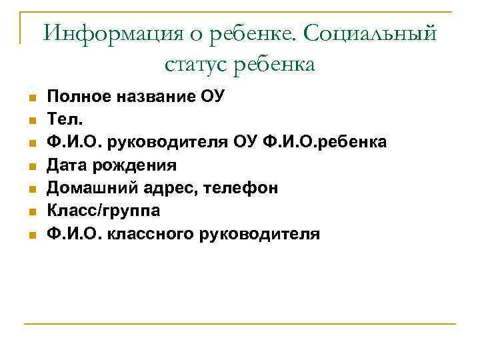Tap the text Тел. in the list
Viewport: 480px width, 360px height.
click(61, 120)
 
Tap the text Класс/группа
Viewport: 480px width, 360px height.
click(103, 211)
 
